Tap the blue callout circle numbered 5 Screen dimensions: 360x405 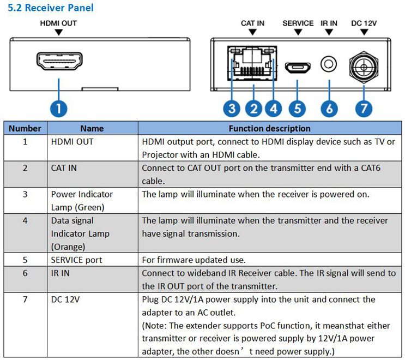click(x=297, y=108)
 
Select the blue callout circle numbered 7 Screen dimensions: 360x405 click(x=364, y=108)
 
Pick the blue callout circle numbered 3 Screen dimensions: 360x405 click(x=233, y=108)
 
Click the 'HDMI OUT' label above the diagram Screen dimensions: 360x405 click(x=58, y=23)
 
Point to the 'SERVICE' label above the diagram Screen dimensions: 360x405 click(x=298, y=23)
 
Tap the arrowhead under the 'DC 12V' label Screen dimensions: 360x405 click(x=364, y=32)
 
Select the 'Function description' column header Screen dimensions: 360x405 click(x=269, y=129)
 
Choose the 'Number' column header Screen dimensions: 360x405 click(x=25, y=129)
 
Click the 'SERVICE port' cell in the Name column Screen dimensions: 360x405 click(x=76, y=260)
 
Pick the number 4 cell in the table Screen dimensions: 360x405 click(x=25, y=220)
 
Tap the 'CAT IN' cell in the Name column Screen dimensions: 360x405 click(x=64, y=168)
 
